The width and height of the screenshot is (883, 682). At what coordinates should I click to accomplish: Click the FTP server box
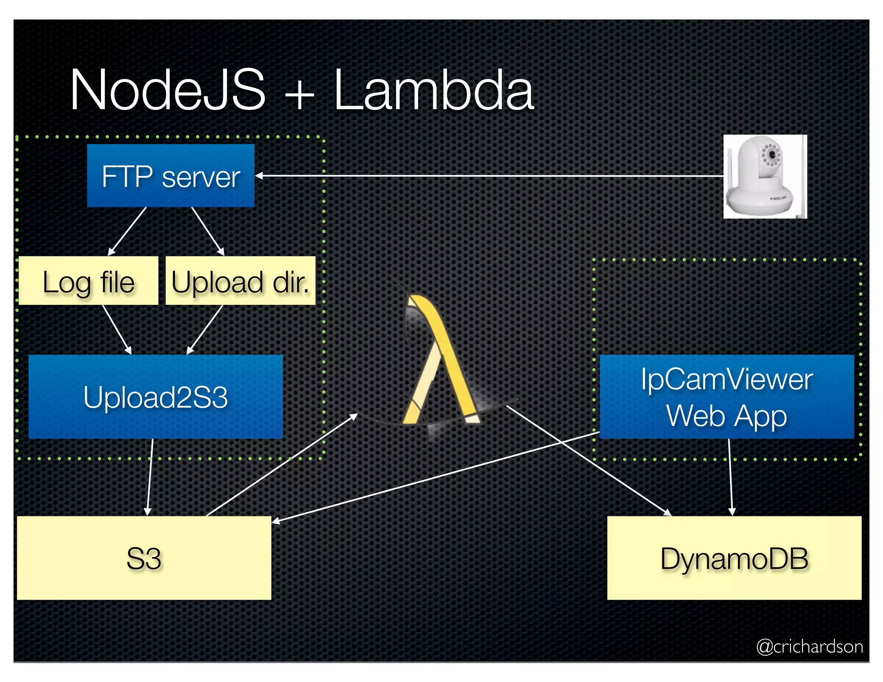tap(171, 175)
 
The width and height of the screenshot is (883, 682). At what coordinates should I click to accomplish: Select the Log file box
tap(88, 281)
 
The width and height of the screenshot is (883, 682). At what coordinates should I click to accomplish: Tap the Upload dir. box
tap(240, 281)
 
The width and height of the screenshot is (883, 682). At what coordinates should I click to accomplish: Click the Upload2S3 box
tap(156, 397)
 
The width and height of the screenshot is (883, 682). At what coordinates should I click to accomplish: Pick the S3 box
tap(144, 558)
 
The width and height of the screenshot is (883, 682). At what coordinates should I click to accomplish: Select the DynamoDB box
tap(734, 558)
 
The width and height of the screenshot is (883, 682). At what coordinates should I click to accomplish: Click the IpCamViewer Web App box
tap(726, 397)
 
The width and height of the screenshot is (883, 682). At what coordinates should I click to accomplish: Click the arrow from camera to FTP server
tap(487, 176)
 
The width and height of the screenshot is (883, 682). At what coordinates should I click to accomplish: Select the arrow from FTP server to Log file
tap(128, 231)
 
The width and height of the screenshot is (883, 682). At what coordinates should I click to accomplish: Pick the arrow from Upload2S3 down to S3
tap(150, 477)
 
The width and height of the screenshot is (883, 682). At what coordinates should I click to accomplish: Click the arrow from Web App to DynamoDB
tap(730, 477)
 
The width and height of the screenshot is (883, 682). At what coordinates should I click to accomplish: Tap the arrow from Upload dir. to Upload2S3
tap(205, 329)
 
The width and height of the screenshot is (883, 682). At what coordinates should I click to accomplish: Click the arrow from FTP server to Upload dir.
tap(208, 231)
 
